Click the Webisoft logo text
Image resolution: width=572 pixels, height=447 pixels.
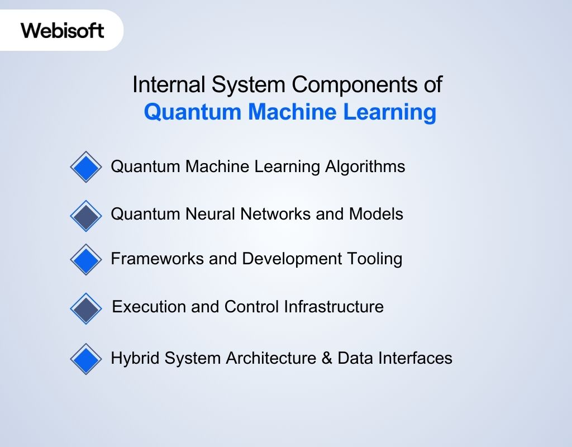click(63, 30)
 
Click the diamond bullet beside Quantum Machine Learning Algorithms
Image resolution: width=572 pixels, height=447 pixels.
click(86, 167)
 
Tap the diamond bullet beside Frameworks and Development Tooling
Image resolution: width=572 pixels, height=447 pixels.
click(86, 259)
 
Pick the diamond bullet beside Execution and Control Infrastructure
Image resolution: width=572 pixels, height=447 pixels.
click(86, 308)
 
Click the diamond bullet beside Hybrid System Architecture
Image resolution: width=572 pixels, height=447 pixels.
click(86, 359)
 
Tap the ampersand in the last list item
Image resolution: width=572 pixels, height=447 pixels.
click(326, 358)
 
